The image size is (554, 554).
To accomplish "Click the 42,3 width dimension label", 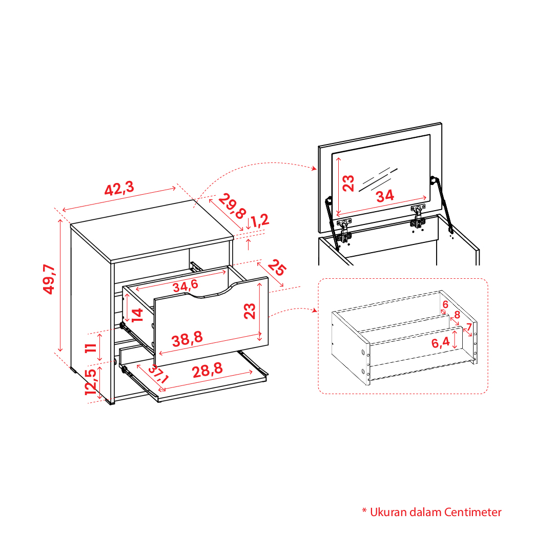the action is click(119, 188).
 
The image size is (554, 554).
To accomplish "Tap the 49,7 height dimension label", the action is click(49, 279).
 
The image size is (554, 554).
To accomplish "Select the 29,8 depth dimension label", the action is click(232, 206).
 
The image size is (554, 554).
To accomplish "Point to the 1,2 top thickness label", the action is click(260, 220).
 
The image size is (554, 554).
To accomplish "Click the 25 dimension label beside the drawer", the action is click(277, 268).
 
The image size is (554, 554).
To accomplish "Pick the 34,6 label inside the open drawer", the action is click(186, 285).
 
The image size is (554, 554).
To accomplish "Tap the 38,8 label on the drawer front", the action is click(187, 339).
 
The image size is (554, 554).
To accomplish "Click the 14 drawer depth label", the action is click(137, 315).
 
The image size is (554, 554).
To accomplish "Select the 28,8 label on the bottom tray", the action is click(208, 370).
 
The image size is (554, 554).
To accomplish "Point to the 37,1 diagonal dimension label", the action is click(158, 374).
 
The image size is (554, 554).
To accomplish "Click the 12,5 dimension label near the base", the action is click(91, 382).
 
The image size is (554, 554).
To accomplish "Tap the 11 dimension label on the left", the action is click(91, 347).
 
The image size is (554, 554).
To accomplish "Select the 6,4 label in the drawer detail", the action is click(441, 342).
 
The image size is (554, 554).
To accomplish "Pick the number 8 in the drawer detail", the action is click(457, 315).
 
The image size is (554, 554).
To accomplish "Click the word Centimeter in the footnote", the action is click(473, 512).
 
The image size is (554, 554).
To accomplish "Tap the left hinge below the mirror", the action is click(344, 230).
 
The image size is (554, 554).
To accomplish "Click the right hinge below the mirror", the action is click(418, 217).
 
